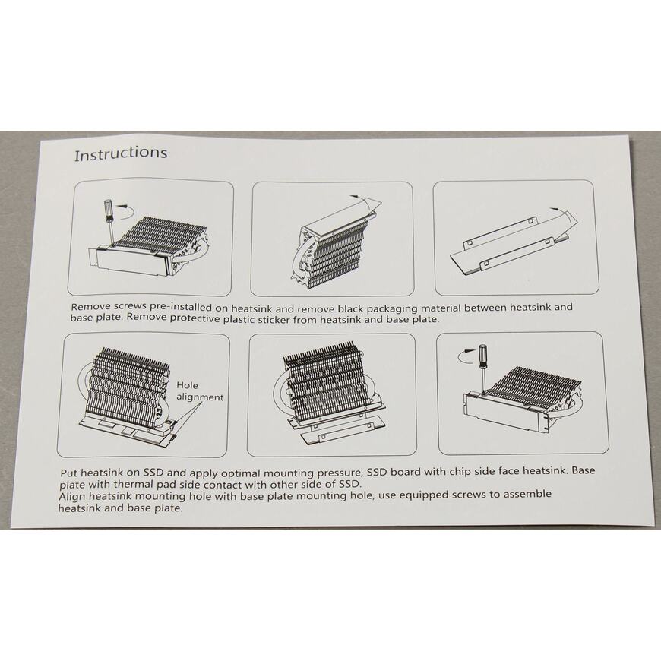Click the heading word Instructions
pos(121,153)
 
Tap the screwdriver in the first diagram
pos(109,221)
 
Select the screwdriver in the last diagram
pos(483,368)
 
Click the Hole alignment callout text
pos(199,391)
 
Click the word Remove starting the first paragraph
pos(90,307)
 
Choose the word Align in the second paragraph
pos(71,497)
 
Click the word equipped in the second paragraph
pos(423,495)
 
